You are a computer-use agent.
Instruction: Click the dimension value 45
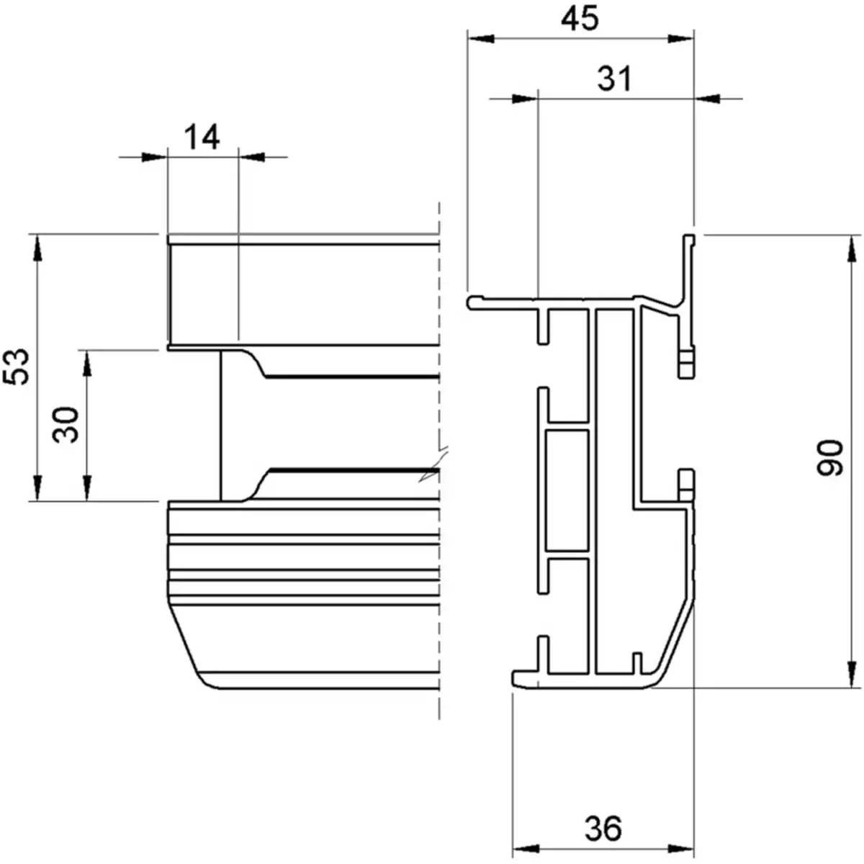[x=580, y=19]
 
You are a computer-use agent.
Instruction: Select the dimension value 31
[x=614, y=78]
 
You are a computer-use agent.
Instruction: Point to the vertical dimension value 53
[x=19, y=366]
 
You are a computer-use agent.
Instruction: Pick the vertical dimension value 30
[x=67, y=424]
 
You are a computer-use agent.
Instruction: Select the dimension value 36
[x=603, y=829]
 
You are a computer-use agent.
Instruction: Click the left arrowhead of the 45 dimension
[x=480, y=40]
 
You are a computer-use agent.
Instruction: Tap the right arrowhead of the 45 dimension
[x=681, y=40]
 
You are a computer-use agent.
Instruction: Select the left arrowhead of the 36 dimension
[x=524, y=847]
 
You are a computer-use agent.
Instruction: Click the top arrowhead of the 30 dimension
[x=88, y=363]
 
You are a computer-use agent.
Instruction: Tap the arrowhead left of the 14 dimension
[x=153, y=156]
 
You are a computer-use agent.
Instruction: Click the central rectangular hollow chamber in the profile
[x=568, y=490]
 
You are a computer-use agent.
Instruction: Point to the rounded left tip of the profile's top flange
[x=472, y=302]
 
